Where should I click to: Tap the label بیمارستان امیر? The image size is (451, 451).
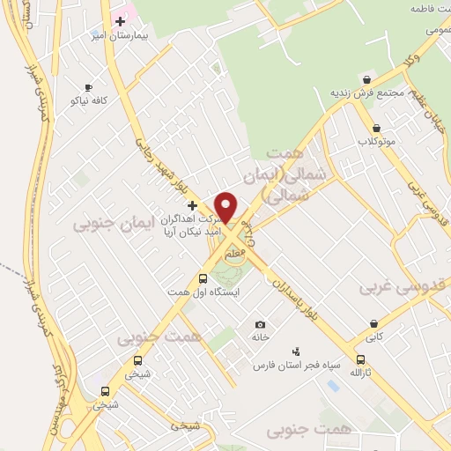(125, 36)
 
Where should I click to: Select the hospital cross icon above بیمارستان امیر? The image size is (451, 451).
(120, 21)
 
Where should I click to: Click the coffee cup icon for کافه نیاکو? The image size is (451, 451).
(88, 87)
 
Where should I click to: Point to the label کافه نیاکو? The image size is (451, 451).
(89, 100)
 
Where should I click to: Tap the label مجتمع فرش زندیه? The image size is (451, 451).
(367, 92)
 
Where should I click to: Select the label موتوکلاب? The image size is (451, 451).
(377, 141)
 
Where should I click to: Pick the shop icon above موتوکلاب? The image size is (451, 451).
(377, 128)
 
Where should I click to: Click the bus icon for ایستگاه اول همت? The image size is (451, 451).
(203, 278)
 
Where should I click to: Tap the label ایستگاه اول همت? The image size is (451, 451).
(204, 292)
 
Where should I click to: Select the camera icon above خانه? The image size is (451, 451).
(260, 324)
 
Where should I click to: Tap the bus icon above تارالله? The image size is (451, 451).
(360, 359)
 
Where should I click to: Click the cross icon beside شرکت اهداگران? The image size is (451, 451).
(192, 204)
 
